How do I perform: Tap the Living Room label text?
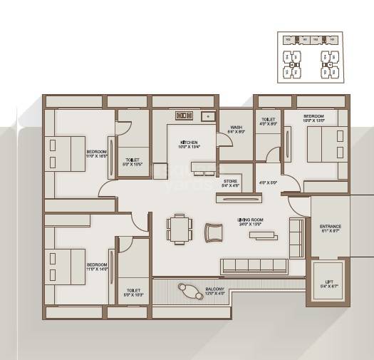tap(251, 222)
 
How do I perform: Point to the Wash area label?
tap(236, 129)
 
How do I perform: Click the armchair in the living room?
tap(213, 231)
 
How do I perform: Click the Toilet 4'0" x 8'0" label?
tap(269, 122)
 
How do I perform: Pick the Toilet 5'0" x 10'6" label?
tap(133, 162)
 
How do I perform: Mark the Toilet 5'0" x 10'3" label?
tap(133, 292)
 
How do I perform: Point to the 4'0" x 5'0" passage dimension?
tap(268, 182)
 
